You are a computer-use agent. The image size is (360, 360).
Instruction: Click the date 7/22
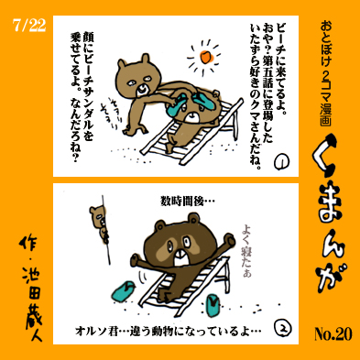pyautogui.click(x=29, y=26)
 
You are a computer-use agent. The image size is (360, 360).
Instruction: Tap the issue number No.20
pyautogui.click(x=333, y=333)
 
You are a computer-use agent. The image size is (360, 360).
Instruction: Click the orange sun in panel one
pyautogui.click(x=205, y=57)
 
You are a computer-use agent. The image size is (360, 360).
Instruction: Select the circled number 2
pyautogui.click(x=283, y=329)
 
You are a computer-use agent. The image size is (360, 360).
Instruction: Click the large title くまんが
pyautogui.click(x=332, y=213)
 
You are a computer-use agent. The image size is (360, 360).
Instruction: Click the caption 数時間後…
pyautogui.click(x=188, y=202)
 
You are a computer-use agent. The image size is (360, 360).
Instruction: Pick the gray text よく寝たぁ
pyautogui.click(x=246, y=251)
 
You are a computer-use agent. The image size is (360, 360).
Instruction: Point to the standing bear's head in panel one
pyautogui.click(x=138, y=75)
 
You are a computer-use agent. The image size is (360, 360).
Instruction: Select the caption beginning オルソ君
pyautogui.click(x=168, y=331)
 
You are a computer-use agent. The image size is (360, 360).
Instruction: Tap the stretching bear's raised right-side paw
pyautogui.click(x=230, y=239)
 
